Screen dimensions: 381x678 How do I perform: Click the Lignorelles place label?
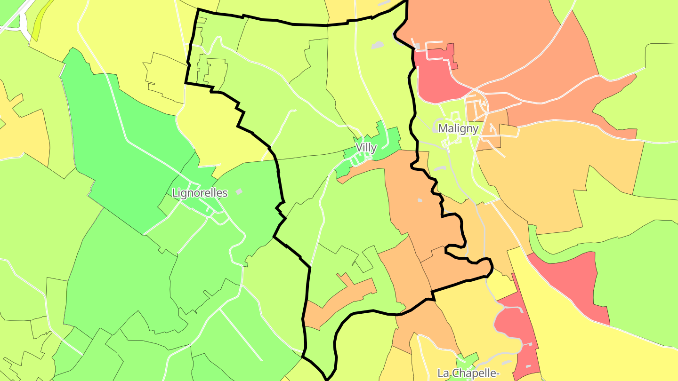click(x=200, y=193)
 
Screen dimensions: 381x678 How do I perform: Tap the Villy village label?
click(x=366, y=148)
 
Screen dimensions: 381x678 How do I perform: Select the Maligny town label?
click(x=458, y=128)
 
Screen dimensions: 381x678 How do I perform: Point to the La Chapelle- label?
click(x=468, y=373)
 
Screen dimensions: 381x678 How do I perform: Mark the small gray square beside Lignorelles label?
click(x=239, y=191)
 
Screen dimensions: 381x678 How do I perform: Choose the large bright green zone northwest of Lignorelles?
click(x=118, y=141)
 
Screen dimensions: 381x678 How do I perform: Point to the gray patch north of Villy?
click(x=377, y=46)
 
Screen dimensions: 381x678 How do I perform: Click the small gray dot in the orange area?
click(x=420, y=200)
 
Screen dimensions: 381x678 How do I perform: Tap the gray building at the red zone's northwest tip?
click(x=416, y=46)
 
